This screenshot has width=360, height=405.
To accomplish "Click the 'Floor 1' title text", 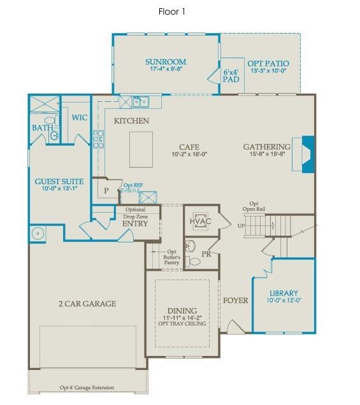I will point(172,11).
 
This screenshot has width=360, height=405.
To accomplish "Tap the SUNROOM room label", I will point(166,62).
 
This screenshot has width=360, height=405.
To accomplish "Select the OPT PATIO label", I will point(268,64).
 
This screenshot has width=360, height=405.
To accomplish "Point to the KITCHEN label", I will point(131,121).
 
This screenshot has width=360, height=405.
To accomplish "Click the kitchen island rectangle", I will point(141,148).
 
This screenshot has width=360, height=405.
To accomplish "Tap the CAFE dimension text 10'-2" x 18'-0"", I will point(190,155).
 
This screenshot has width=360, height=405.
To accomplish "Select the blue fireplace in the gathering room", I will point(308,155).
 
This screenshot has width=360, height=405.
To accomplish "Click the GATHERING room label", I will point(266,147).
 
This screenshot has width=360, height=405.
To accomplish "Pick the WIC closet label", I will point(80,118).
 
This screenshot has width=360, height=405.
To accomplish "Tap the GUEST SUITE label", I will point(60,181).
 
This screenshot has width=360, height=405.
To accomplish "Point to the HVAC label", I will point(199,221).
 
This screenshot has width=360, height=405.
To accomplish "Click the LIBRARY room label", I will point(284,294).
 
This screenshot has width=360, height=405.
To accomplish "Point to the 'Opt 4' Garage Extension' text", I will point(87,387).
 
